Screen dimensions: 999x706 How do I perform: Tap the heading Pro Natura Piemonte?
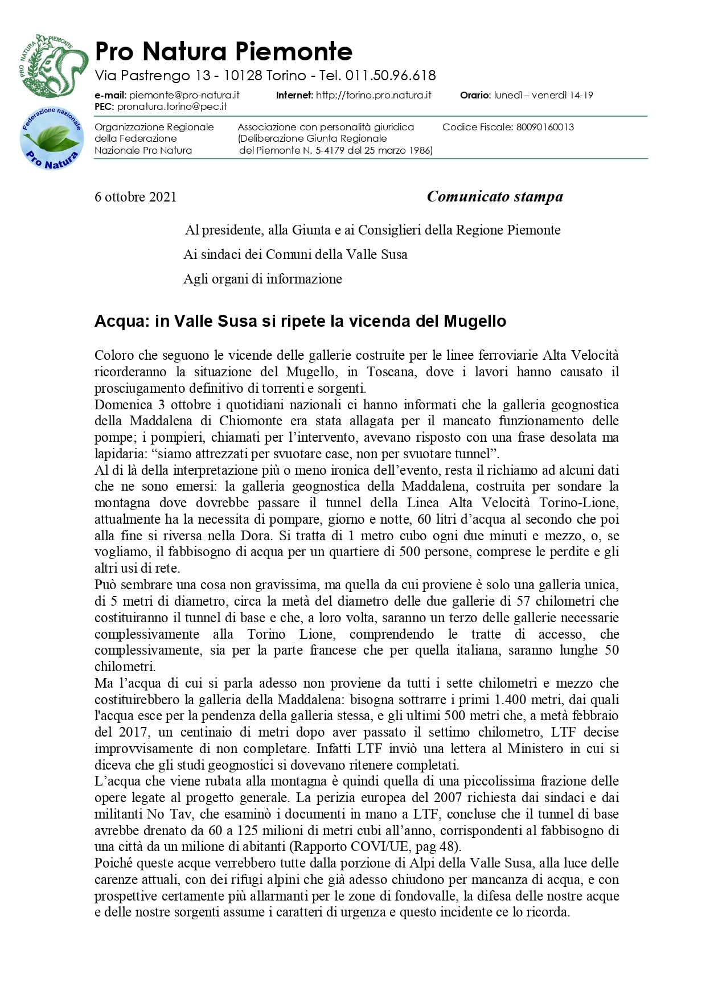[x=224, y=51]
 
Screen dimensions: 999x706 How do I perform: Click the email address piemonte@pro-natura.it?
[x=184, y=95]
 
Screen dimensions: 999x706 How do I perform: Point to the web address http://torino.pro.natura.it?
[x=373, y=95]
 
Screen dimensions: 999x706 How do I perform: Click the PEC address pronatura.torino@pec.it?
[x=172, y=106]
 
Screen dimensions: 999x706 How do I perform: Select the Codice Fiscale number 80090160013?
[x=545, y=127]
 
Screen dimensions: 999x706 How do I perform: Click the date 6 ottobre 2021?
[x=136, y=197]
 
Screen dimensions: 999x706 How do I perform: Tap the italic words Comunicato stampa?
[x=495, y=196]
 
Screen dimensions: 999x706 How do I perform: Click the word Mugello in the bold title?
[x=475, y=321]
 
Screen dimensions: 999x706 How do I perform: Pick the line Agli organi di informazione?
[x=262, y=279]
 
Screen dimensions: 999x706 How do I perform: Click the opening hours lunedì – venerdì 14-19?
[x=543, y=95]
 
